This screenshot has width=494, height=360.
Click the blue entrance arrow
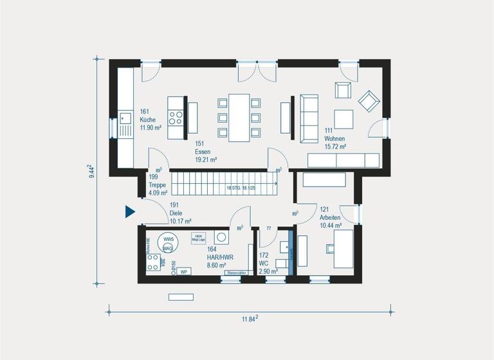(x=129, y=212)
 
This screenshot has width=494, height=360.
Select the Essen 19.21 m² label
(x=205, y=151)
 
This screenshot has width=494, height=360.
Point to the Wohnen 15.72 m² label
(x=335, y=139)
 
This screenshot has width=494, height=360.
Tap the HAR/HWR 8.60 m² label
(x=221, y=256)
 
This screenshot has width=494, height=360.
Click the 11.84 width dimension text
(x=248, y=318)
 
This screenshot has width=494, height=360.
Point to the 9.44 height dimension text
(x=92, y=170)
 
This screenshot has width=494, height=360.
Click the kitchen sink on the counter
(x=125, y=118)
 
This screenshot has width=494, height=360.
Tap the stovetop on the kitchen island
(x=175, y=118)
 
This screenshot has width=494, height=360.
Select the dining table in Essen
(x=239, y=117)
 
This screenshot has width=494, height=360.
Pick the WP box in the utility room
(x=183, y=271)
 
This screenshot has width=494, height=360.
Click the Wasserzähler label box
(x=234, y=273)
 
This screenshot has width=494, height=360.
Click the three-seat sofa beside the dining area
(x=308, y=117)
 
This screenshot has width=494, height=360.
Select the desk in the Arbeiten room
(x=342, y=249)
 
